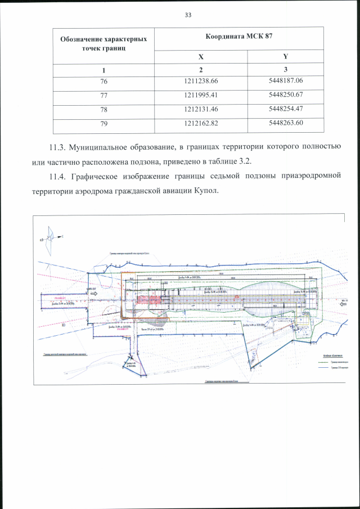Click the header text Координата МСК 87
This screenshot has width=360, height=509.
tap(238, 37)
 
